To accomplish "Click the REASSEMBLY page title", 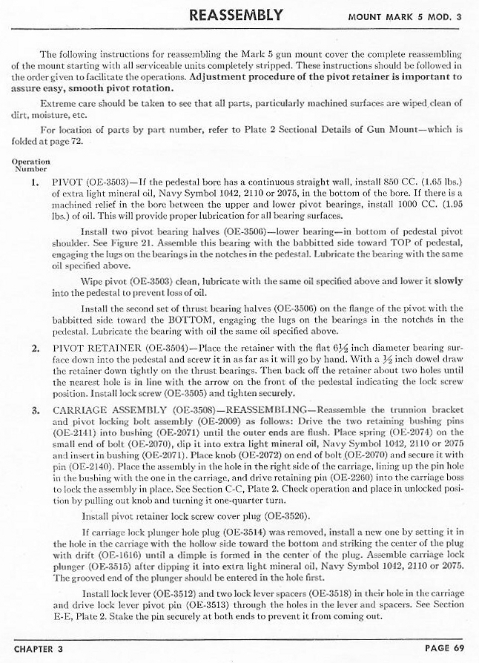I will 236,15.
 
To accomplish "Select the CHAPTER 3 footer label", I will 39,648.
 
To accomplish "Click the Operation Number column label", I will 30,165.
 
